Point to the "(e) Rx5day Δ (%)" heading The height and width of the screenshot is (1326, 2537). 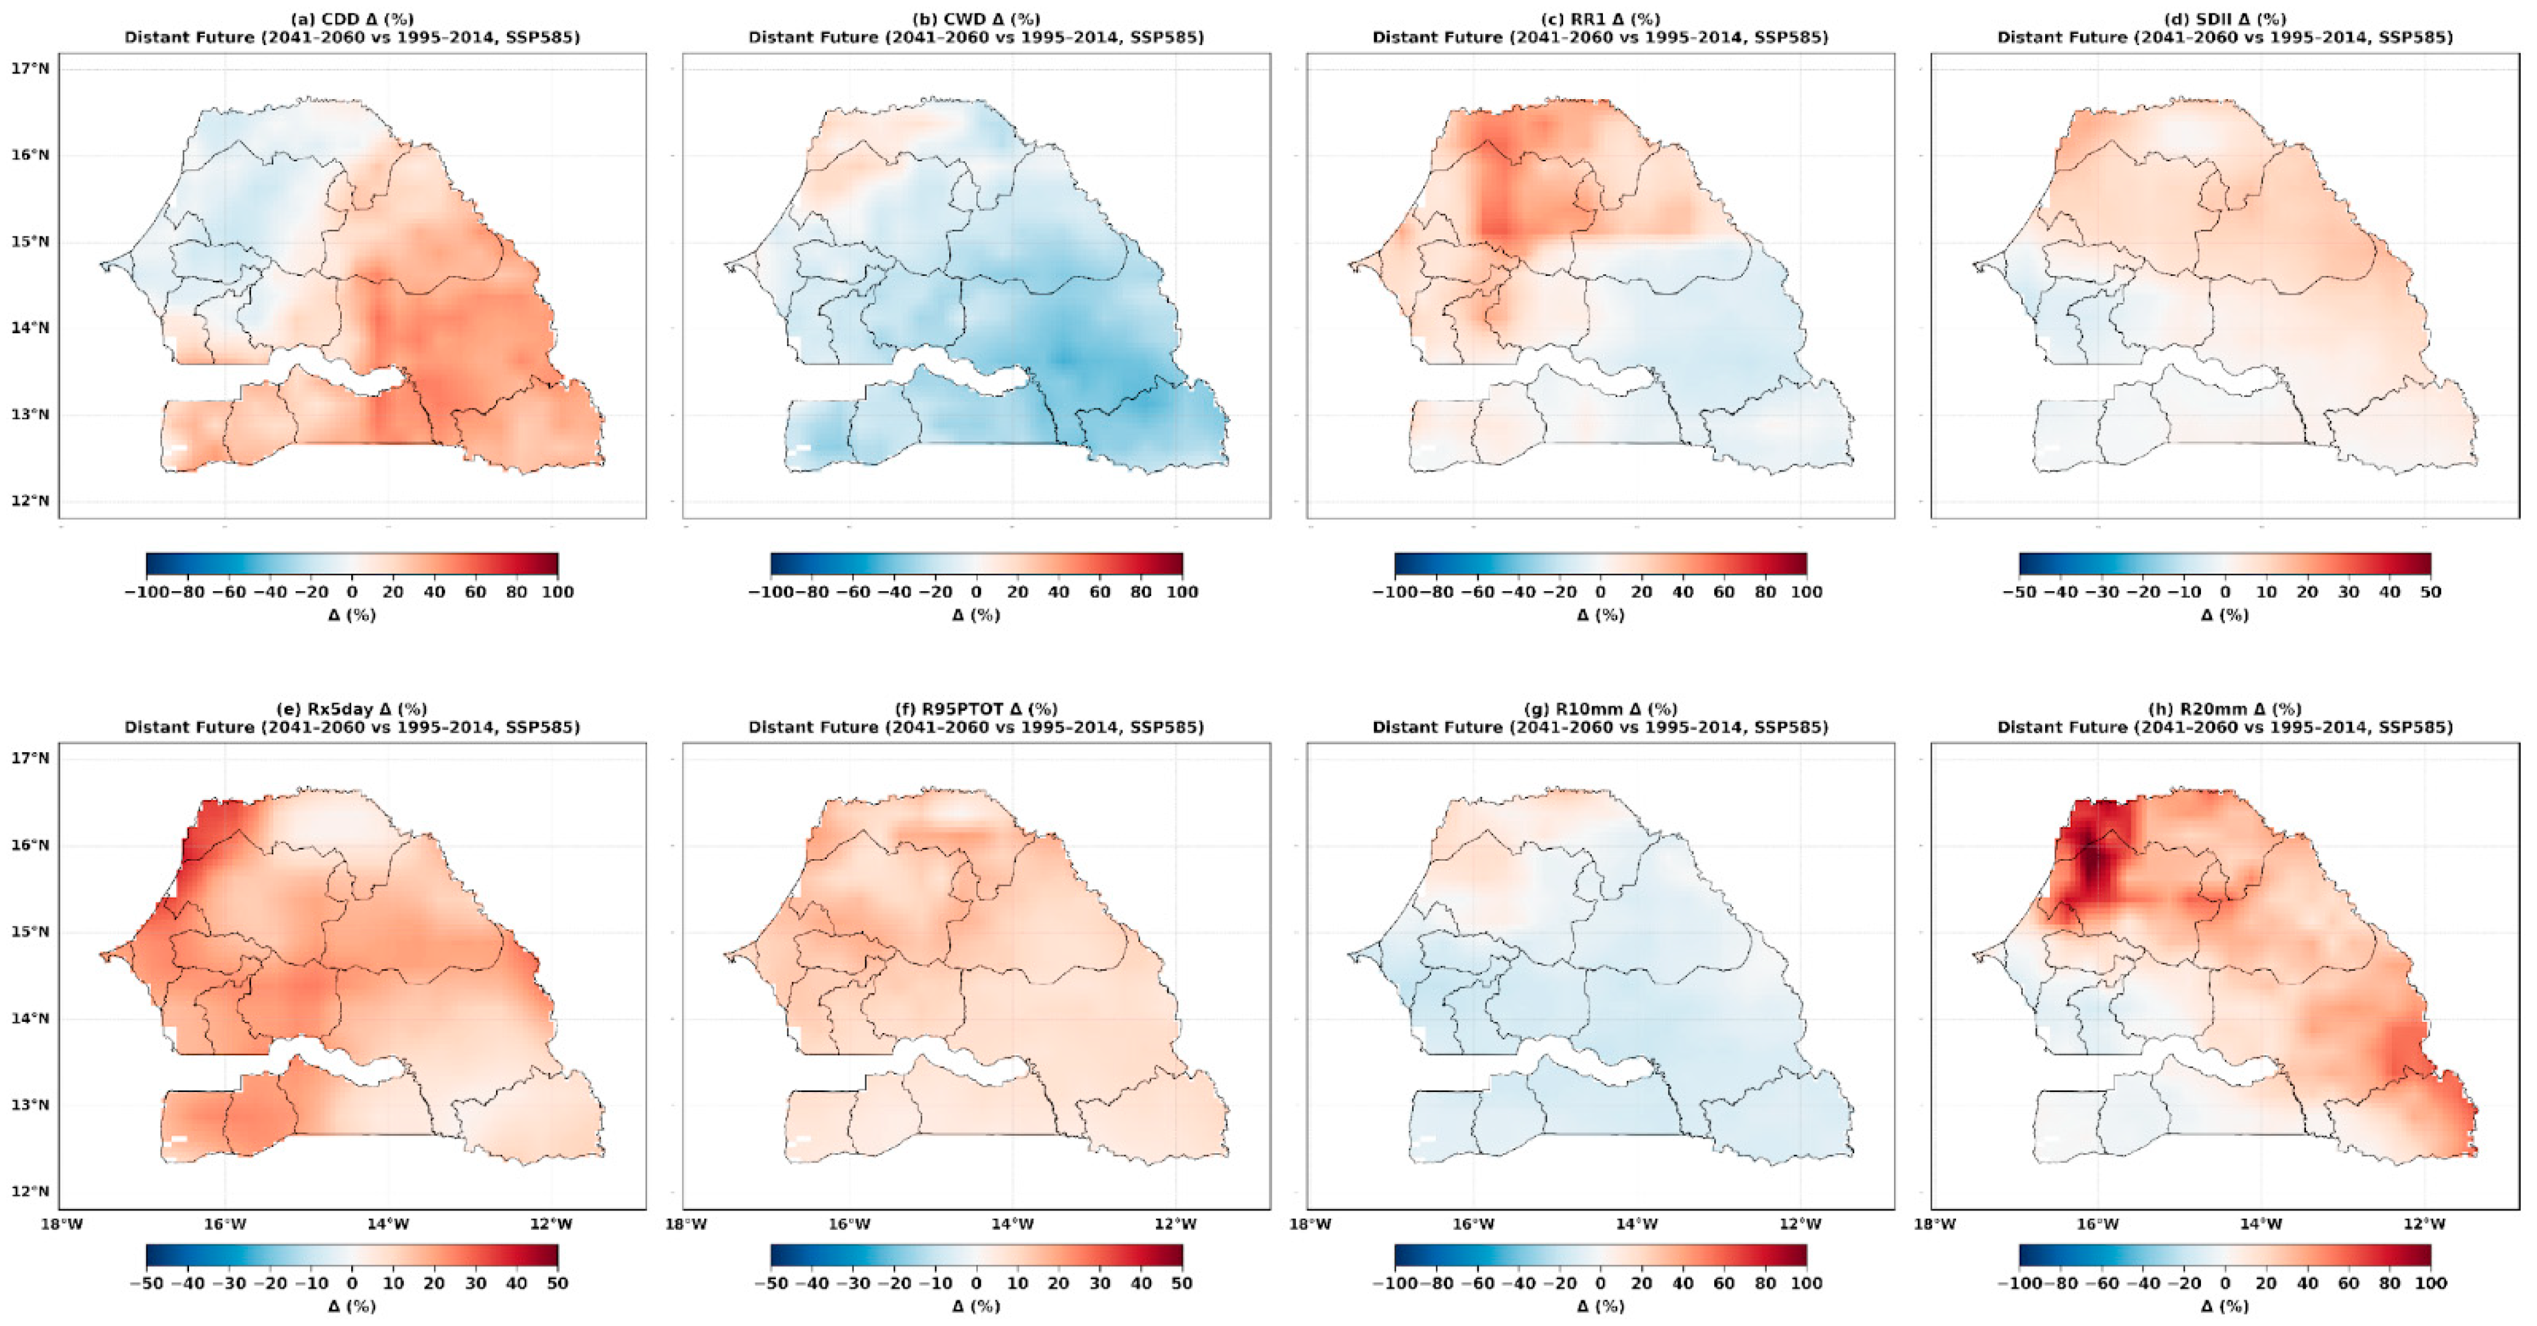point(352,709)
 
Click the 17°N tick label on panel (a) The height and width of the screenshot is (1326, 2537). point(30,69)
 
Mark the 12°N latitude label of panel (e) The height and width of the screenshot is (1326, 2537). point(30,1191)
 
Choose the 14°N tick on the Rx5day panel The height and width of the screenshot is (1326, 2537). point(30,1018)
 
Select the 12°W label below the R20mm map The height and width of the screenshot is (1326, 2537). point(2424,1224)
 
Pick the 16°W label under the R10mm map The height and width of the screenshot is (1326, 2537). point(1473,1224)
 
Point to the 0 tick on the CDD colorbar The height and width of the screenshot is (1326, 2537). point(352,592)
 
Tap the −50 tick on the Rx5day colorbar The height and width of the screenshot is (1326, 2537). point(146,1283)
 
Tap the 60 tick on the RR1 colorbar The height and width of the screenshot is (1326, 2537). point(1724,592)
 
